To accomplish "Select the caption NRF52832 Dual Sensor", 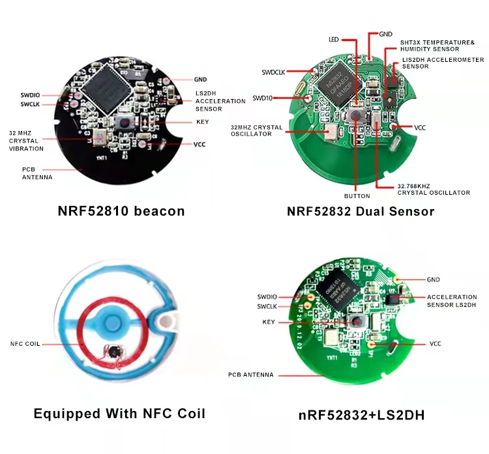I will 361,211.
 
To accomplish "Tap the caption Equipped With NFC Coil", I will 119,414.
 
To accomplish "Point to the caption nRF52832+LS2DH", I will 362,414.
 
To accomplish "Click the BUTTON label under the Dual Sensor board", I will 357,195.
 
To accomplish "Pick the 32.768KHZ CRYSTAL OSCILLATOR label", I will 433,189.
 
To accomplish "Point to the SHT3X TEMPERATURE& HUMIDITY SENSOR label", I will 437,46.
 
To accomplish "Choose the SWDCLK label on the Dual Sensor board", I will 274,72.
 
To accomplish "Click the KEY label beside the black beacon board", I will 202,122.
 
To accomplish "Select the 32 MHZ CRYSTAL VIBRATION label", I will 25,141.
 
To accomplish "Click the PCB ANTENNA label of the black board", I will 33,173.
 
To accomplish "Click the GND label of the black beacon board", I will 200,79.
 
